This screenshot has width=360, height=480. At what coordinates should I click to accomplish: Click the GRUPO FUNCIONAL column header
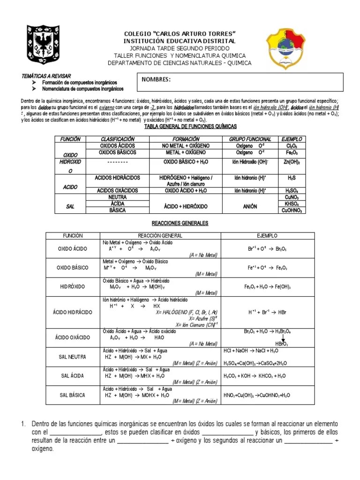(x=250, y=139)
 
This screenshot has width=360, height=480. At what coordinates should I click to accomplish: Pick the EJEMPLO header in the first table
(x=292, y=139)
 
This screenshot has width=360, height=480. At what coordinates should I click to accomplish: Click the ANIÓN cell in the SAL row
(x=250, y=206)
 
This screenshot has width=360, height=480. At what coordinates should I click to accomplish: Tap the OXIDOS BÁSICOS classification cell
(x=118, y=152)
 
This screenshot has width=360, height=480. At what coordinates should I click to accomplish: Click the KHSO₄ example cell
(x=292, y=204)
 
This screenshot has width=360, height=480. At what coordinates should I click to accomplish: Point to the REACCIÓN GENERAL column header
(x=159, y=235)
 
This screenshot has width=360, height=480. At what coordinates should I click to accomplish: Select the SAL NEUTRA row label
(x=73, y=357)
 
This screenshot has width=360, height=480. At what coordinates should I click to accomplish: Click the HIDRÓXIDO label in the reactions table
(x=73, y=286)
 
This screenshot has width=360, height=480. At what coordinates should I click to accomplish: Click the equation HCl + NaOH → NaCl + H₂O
(x=249, y=351)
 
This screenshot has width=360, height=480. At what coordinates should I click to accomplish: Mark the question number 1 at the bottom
(x=22, y=424)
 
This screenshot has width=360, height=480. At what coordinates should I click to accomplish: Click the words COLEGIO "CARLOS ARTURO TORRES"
(x=180, y=34)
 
